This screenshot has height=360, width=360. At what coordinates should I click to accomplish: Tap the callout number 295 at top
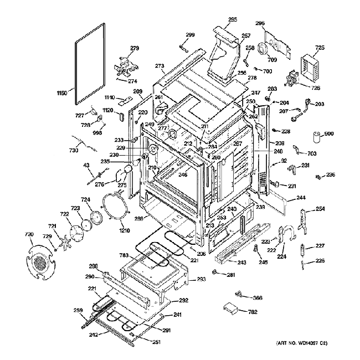(233, 20)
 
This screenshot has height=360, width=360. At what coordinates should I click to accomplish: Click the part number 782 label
(253, 313)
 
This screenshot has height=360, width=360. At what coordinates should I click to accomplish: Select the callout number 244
(301, 198)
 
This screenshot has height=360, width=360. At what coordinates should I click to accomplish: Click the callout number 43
(86, 165)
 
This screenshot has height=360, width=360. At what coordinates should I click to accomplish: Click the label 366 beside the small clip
(257, 299)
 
